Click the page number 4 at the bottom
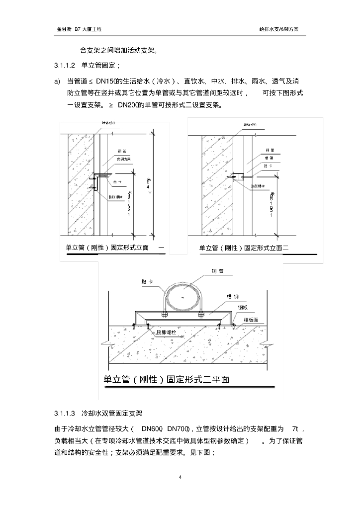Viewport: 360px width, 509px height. pyautogui.click(x=180, y=478)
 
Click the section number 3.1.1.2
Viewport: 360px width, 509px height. pyautogui.click(x=65, y=66)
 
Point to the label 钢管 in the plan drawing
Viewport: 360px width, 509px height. pyautogui.click(x=218, y=271)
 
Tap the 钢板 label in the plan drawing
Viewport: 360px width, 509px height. pyautogui.click(x=243, y=307)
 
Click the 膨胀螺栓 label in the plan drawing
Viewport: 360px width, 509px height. pyautogui.click(x=167, y=331)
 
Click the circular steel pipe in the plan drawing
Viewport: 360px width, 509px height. pyautogui.click(x=182, y=297)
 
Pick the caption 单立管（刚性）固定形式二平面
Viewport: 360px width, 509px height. pyautogui.click(x=166, y=379)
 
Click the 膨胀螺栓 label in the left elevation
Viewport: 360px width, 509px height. pyautogui.click(x=117, y=196)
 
